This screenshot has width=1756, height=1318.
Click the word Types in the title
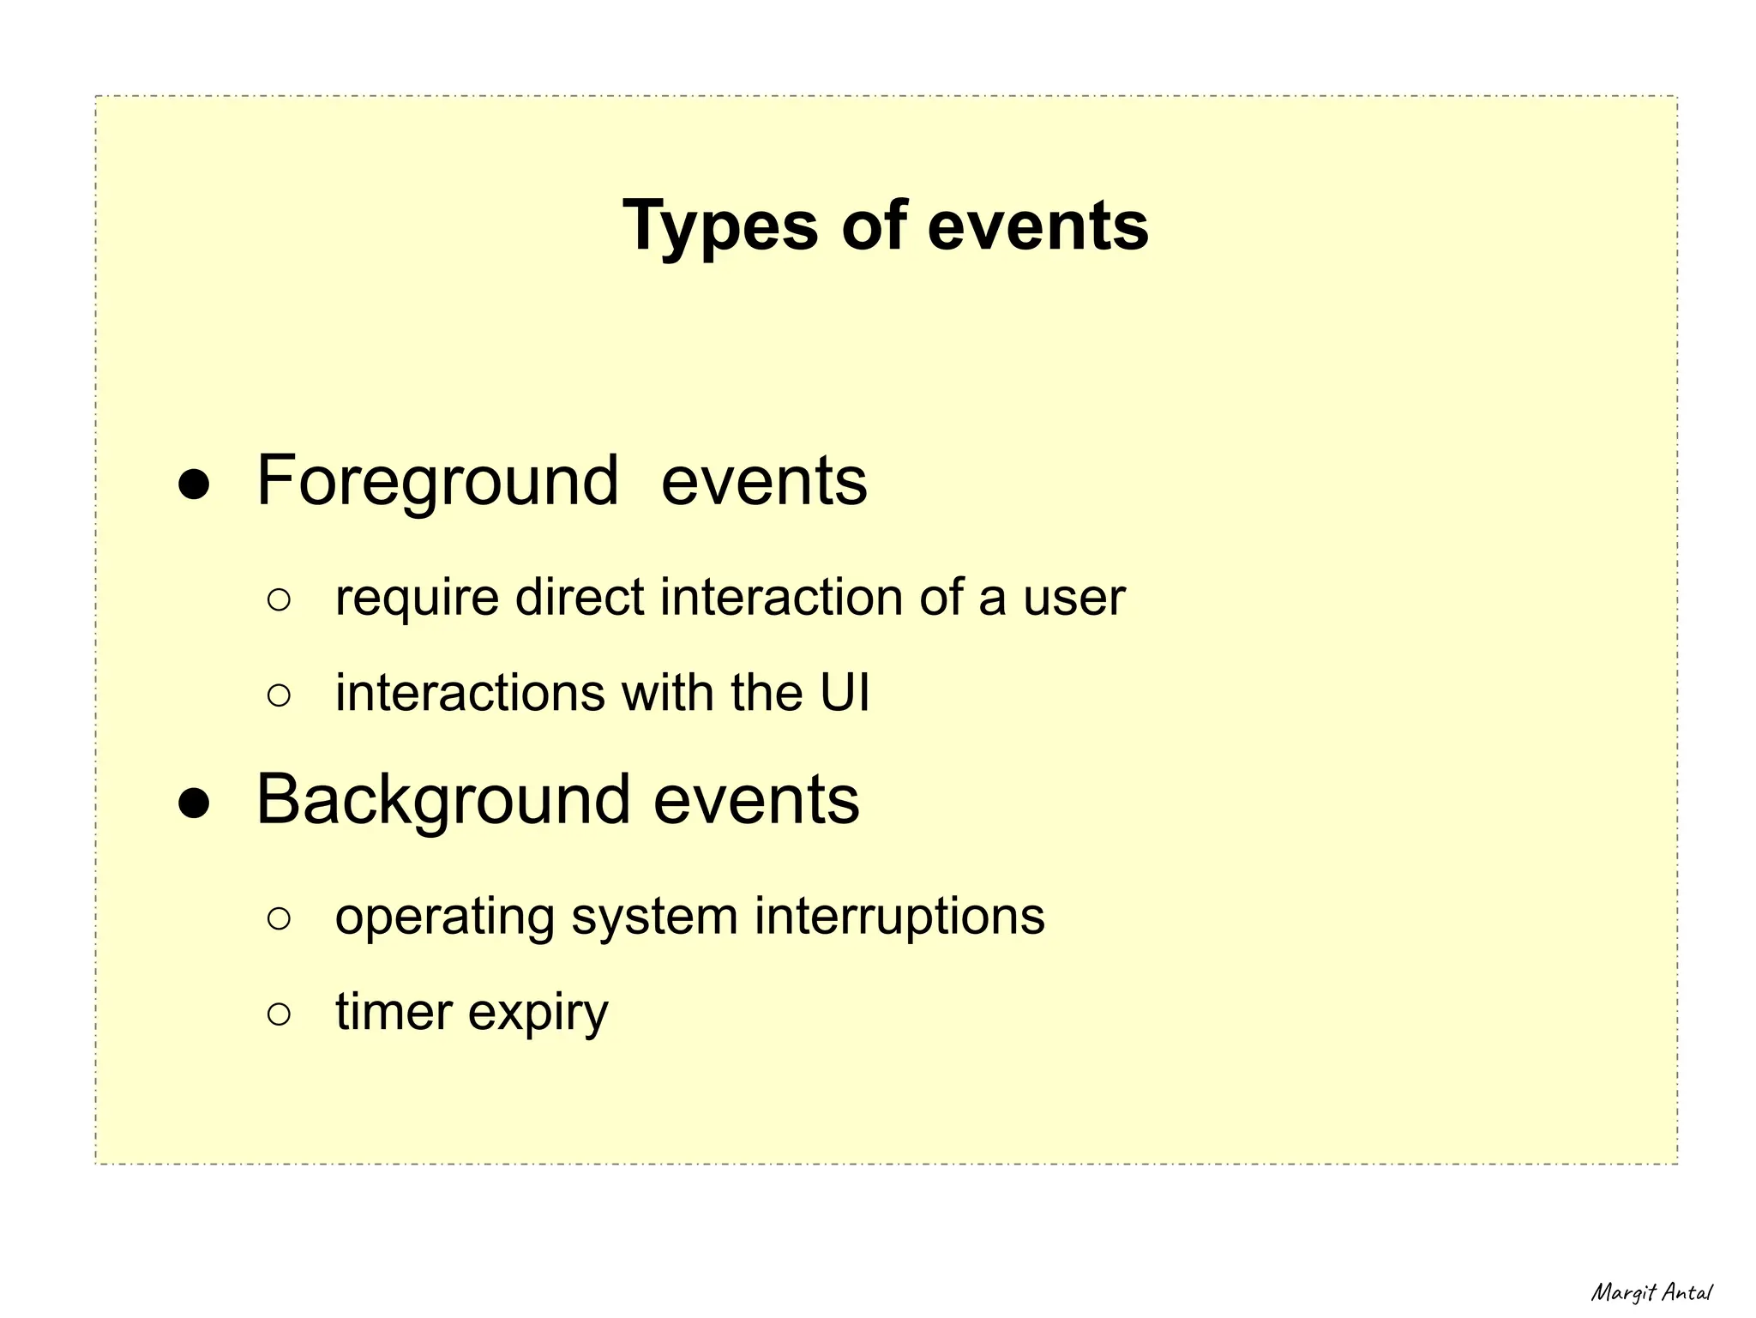[x=720, y=226]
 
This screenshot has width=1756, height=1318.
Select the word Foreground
[x=437, y=482]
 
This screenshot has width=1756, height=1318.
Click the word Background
[x=442, y=801]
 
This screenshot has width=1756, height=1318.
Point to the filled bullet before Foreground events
[x=194, y=484]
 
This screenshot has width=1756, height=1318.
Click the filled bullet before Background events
[x=194, y=803]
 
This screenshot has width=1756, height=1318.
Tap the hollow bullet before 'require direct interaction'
[x=279, y=599]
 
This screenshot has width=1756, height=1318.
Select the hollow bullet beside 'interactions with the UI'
[x=279, y=695]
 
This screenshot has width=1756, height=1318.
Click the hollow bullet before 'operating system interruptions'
[x=279, y=918]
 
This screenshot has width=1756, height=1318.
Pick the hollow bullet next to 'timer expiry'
[x=279, y=1014]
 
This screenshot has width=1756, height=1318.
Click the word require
[x=417, y=599]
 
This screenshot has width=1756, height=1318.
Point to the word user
[x=1073, y=599]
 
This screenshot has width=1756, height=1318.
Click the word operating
[x=444, y=918]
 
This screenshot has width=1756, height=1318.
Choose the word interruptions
[x=899, y=916]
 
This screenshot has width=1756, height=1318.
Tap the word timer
[x=393, y=1012]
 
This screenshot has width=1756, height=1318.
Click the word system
[x=654, y=918]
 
